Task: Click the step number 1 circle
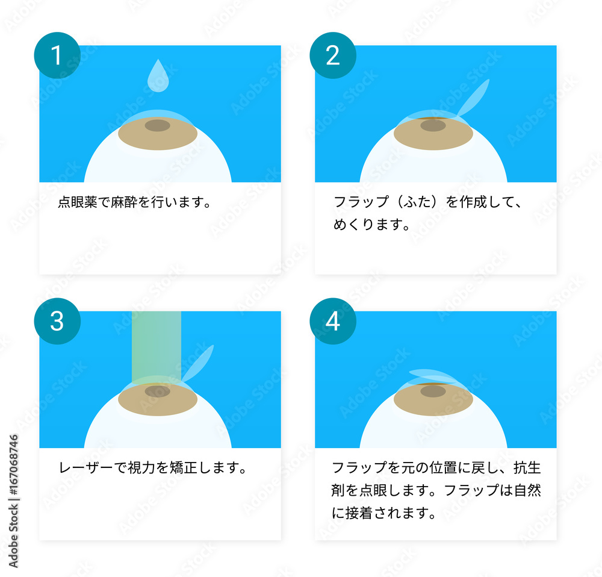click(57, 55)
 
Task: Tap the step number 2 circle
click(332, 55)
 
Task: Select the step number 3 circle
click(57, 321)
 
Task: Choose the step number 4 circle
click(332, 321)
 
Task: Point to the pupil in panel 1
click(158, 125)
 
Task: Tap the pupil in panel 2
click(433, 125)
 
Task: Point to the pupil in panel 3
click(158, 391)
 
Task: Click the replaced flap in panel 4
click(432, 376)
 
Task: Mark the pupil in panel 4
click(433, 391)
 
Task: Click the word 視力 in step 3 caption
click(142, 467)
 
